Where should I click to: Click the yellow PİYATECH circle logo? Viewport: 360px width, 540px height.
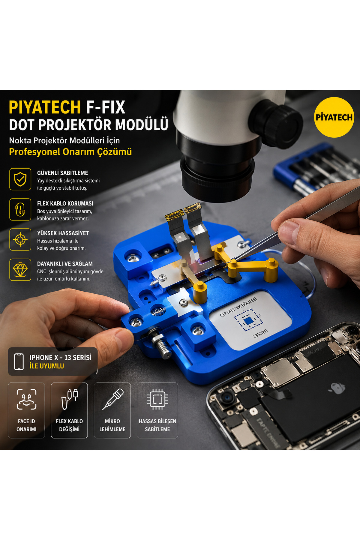(x=334, y=117)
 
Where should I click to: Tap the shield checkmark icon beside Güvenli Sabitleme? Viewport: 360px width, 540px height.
(x=20, y=179)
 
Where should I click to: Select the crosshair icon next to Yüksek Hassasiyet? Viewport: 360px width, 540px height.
(x=20, y=239)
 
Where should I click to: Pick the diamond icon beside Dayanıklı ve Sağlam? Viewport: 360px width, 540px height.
(x=20, y=270)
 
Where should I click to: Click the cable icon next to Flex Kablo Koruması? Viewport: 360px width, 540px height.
(x=20, y=209)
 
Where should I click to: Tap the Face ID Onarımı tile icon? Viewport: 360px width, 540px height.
(x=26, y=399)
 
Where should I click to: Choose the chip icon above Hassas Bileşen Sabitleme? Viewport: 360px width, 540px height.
(x=157, y=399)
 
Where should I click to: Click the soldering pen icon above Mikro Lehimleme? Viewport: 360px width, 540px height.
(x=113, y=399)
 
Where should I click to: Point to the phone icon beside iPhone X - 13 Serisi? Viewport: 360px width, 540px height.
(x=19, y=361)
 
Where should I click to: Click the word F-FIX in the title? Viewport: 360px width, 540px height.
(x=105, y=107)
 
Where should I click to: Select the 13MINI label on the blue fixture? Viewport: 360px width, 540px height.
(x=260, y=334)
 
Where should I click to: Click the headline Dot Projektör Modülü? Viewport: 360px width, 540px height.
(x=88, y=125)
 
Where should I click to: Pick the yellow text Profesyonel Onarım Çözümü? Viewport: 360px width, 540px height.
(x=70, y=152)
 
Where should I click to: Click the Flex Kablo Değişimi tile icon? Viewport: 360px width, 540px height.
(x=69, y=399)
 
